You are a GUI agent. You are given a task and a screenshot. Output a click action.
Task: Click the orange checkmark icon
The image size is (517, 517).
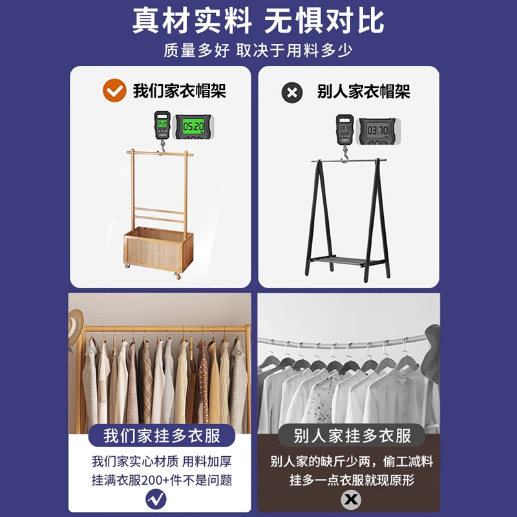click(114, 90)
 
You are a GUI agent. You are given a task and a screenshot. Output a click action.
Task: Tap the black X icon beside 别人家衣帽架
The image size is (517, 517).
click(292, 92)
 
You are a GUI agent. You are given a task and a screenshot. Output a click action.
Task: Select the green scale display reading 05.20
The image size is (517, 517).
click(193, 126)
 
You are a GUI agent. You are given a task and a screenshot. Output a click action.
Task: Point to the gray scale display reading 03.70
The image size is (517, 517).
click(378, 131)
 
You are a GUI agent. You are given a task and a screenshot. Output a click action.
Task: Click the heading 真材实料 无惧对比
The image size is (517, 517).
click(258, 21)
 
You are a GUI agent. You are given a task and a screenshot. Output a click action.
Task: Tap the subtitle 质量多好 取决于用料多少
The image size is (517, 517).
click(258, 50)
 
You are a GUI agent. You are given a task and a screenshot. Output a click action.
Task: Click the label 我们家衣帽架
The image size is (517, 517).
click(180, 90)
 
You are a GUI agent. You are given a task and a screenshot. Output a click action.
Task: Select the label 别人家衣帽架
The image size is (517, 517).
click(363, 91)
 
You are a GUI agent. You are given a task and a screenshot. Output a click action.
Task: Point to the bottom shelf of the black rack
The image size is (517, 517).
click(346, 261)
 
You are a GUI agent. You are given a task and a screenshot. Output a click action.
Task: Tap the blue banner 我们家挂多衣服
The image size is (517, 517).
click(162, 436)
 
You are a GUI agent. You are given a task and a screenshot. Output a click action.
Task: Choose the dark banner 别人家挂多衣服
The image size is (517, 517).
click(352, 436)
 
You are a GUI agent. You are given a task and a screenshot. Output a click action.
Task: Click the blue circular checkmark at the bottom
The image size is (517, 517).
click(156, 499)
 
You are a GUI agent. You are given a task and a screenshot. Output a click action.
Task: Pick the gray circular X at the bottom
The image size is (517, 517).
click(351, 499)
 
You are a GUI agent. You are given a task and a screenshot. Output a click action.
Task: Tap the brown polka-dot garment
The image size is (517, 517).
click(203, 381)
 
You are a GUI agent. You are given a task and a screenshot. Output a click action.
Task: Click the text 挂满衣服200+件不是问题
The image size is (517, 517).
click(162, 480)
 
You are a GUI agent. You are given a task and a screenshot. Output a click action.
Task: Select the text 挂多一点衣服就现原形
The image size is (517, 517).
click(352, 480)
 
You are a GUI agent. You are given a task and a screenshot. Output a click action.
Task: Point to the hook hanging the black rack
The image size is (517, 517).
click(345, 154)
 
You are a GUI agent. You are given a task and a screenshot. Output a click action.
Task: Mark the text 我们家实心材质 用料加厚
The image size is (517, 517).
click(162, 461)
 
